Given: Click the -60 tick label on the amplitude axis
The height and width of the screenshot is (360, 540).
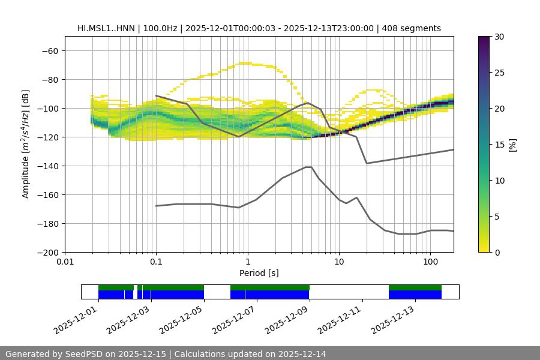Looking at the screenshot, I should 49,50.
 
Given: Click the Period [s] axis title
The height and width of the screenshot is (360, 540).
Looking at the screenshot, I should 259,273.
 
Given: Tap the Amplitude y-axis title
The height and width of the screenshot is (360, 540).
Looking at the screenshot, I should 26,144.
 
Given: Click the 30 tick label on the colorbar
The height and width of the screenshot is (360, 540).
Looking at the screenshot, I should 499,37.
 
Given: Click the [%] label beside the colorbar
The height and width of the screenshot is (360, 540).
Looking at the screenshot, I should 512,145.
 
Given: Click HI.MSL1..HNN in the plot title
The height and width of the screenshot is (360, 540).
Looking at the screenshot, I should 106,28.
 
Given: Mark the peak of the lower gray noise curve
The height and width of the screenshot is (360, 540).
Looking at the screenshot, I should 308,167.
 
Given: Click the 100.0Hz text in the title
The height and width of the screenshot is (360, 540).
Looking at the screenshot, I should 160,28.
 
